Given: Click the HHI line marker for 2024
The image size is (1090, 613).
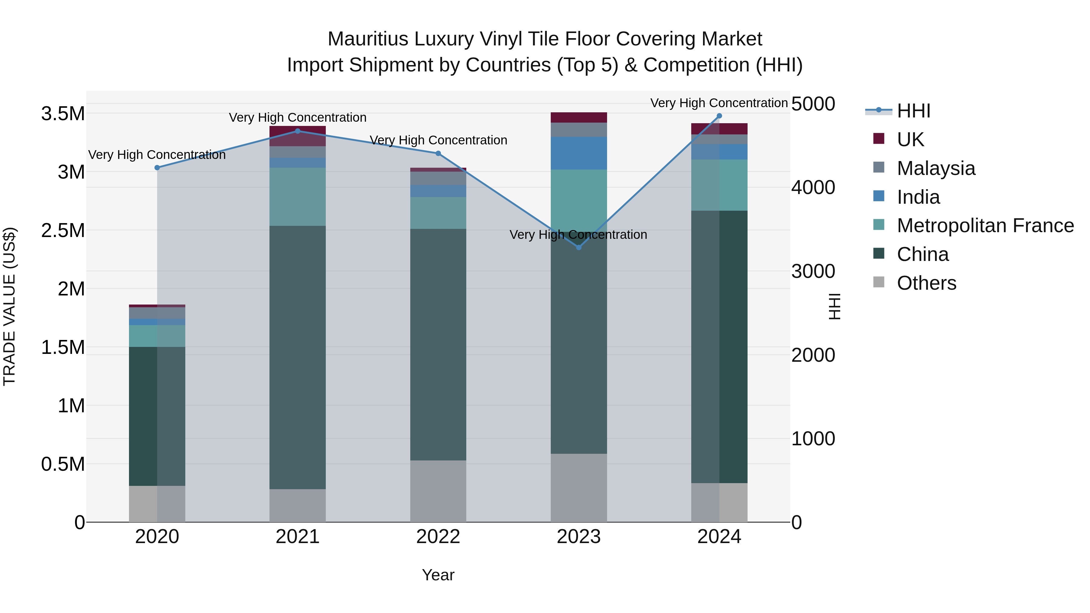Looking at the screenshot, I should (719, 116).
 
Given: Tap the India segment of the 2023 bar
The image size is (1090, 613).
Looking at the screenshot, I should (579, 153).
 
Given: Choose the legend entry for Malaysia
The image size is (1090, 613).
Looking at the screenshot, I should (936, 168).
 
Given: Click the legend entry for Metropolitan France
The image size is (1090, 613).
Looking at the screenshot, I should (985, 226).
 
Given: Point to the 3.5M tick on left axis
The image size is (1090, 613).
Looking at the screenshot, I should (63, 114).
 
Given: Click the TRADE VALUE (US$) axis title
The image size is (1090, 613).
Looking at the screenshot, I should (9, 306).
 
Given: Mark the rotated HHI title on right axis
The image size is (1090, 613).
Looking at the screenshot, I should (834, 306).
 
